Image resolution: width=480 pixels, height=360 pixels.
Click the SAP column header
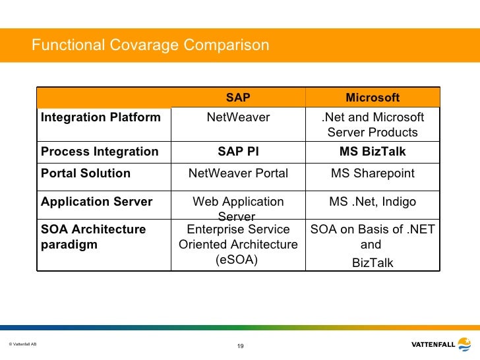tap(238, 98)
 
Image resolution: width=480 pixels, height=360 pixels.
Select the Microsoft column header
tap(373, 98)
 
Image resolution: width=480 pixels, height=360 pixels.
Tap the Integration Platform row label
tap(100, 117)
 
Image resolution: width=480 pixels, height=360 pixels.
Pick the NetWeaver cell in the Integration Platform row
tap(238, 117)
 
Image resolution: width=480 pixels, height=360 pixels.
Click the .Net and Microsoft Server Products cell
tap(373, 125)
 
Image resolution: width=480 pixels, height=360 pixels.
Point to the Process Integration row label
tap(100, 152)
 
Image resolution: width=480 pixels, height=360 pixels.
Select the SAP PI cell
tap(238, 152)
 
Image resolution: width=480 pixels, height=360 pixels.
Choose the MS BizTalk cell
tap(373, 152)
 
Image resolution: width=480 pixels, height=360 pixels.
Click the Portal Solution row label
tap(86, 173)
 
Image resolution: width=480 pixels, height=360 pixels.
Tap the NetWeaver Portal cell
tap(238, 173)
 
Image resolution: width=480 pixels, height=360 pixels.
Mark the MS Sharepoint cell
tap(373, 173)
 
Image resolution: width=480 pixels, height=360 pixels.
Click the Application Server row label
tap(97, 202)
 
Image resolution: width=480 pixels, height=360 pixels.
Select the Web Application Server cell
tap(238, 208)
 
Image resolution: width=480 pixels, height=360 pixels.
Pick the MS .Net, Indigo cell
tap(373, 202)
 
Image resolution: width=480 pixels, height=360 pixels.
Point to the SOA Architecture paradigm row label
tap(93, 237)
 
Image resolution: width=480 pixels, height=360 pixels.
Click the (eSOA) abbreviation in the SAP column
tap(238, 260)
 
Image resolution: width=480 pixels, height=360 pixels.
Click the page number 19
tap(240, 346)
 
